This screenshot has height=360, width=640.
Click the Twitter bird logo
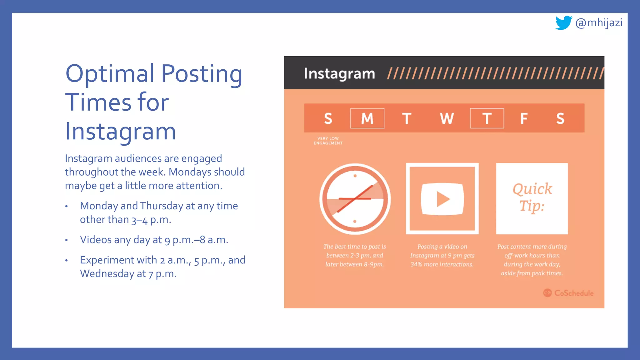pyautogui.click(x=563, y=23)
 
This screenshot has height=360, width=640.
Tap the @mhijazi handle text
pyautogui.click(x=599, y=23)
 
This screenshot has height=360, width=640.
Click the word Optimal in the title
pyautogui.click(x=110, y=74)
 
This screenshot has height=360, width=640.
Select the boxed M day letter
pyautogui.click(x=367, y=118)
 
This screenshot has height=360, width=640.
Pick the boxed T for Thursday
pyautogui.click(x=487, y=118)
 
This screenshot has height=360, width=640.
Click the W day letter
pyautogui.click(x=447, y=118)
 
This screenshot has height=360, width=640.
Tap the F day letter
pyautogui.click(x=524, y=118)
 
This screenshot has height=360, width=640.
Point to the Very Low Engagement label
pyautogui.click(x=328, y=141)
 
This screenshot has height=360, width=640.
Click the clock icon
pyautogui.click(x=355, y=199)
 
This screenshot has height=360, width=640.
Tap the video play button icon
pyautogui.click(x=442, y=199)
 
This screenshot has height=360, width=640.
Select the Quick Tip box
pyautogui.click(x=532, y=198)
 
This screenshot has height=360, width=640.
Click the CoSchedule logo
pyautogui.click(x=568, y=293)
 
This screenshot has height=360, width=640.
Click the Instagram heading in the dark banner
pyautogui.click(x=339, y=74)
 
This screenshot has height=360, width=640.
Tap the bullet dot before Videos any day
pyautogui.click(x=67, y=240)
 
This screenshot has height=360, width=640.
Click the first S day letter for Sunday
pyautogui.click(x=328, y=118)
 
